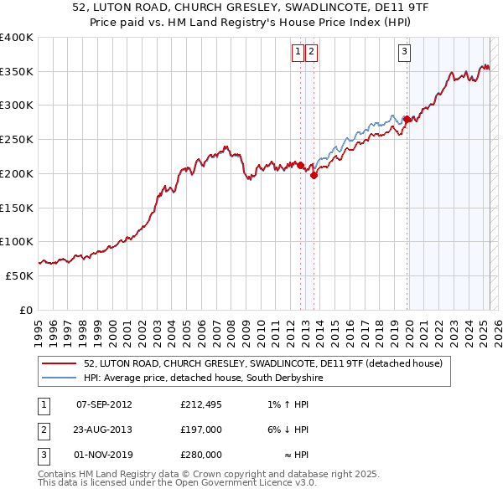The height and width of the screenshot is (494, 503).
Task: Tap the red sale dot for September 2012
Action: tap(300, 166)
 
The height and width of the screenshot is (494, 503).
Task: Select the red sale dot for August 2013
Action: tap(314, 176)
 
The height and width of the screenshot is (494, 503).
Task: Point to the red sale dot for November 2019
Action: tap(407, 119)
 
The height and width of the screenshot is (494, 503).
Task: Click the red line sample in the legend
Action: tap(60, 363)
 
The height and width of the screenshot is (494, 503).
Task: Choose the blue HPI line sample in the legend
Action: tap(60, 378)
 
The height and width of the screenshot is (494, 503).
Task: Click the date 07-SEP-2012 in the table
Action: tap(104, 405)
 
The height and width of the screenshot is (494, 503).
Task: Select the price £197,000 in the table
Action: tap(201, 430)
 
